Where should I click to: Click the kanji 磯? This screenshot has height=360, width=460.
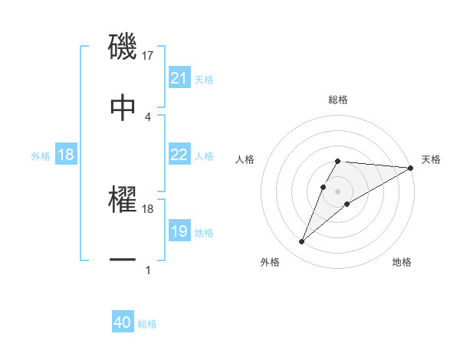pos(123,47)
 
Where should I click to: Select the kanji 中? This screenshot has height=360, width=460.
pos(123,107)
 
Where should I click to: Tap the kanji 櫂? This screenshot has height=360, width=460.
pos(123,200)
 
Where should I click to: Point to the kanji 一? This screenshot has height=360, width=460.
pos(123,260)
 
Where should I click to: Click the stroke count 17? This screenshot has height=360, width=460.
pos(148,55)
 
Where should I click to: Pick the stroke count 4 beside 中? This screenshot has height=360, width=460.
pos(148,116)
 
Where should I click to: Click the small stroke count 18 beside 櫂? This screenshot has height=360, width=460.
pos(148,208)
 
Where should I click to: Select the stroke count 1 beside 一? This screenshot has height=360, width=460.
pos(148,270)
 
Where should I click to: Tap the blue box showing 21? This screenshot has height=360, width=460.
pos(179,78)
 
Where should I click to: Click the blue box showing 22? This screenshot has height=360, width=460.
pos(179,155)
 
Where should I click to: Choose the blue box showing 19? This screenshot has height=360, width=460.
pos(179,231)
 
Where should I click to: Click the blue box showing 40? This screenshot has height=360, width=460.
pos(123,323)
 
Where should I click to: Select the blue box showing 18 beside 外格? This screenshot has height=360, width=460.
pos(66,155)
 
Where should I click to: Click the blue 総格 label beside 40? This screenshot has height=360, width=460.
pos(147,324)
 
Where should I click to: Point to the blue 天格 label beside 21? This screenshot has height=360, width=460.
pos(204,79)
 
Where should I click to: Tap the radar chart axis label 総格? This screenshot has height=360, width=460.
pos(338,100)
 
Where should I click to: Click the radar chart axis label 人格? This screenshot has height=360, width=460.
pos(246,159)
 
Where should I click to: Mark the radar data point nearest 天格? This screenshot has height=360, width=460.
pos(411,168)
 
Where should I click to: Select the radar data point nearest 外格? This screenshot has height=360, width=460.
pos(302,242)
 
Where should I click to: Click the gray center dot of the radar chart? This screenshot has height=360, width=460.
pos(337,190)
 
